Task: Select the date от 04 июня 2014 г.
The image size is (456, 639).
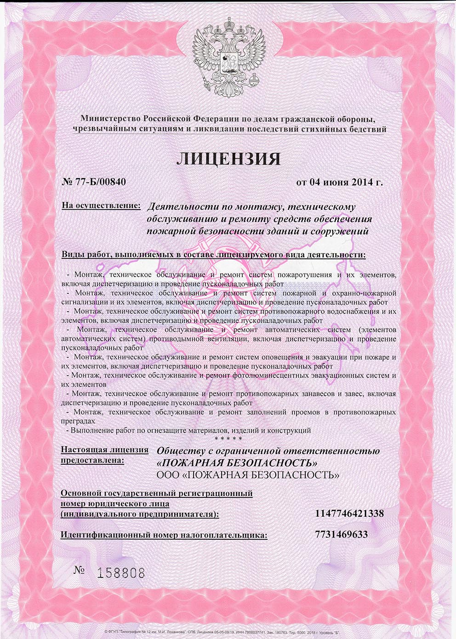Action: point(339,182)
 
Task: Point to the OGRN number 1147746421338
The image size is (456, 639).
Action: point(349,513)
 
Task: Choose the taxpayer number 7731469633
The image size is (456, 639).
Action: point(342,535)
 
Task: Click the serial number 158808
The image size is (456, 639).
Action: point(121,573)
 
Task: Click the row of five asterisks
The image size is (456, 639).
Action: point(228,439)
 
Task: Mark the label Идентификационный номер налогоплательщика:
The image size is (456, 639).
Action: point(164,535)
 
